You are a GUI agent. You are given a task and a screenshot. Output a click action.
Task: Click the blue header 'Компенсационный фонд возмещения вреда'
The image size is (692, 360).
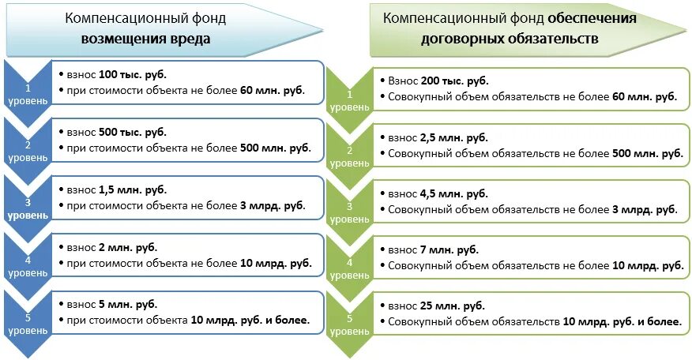coord(150,29)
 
